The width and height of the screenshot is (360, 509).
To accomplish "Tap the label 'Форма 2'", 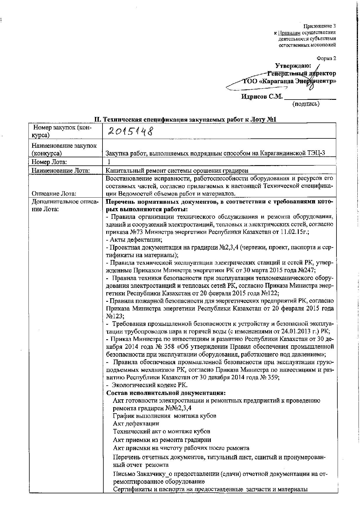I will tap(327, 59).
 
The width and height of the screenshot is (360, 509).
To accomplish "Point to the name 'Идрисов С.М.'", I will tap(262, 97).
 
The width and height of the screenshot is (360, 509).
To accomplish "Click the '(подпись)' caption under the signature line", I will tap(306, 104).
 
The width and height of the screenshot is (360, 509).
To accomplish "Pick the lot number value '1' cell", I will tap(109, 162).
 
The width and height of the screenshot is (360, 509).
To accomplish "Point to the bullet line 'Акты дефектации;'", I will tap(134, 240).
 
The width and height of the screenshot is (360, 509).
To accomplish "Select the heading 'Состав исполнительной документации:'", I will tap(166, 393).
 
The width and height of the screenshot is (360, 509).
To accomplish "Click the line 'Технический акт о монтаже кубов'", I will tap(161, 431).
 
